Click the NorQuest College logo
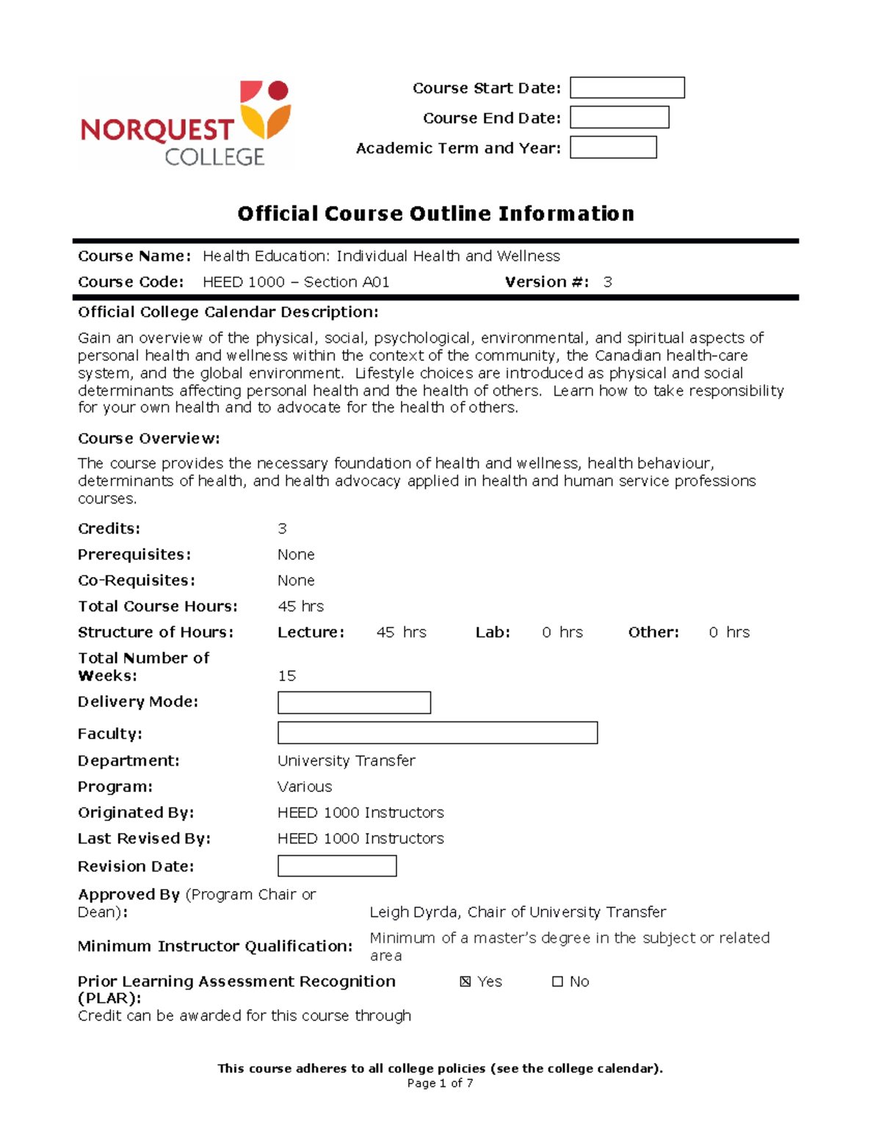[186, 123]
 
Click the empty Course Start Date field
[627, 88]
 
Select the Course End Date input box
[619, 117]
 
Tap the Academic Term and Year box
[613, 148]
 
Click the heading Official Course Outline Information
[435, 214]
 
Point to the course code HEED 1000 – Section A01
[296, 282]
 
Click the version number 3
[607, 282]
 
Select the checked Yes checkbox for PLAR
[465, 981]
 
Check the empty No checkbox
[557, 981]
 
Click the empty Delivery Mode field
[354, 702]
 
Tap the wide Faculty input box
[437, 733]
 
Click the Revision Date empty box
[337, 866]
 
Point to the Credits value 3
[282, 529]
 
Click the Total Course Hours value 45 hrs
[300, 606]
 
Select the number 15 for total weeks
[287, 675]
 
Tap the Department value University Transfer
[346, 760]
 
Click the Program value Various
[305, 786]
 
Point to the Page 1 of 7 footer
[440, 1083]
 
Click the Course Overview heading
[149, 438]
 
